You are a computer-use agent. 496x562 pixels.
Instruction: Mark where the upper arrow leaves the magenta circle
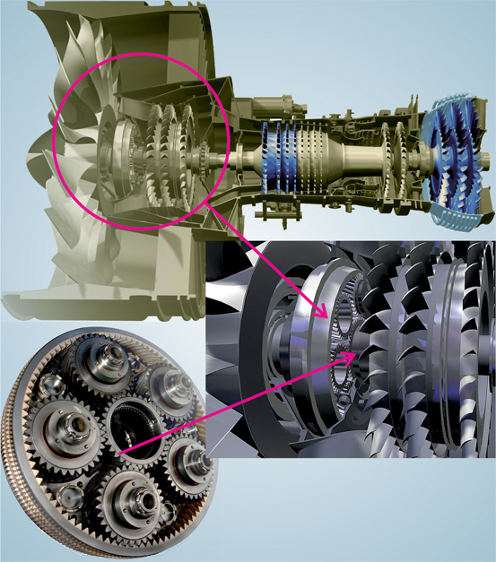pos(207,208)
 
